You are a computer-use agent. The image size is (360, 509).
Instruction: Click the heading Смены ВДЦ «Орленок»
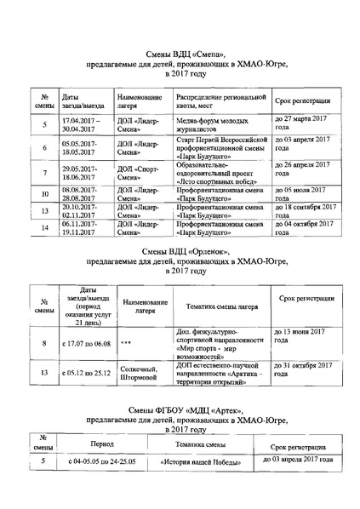180,252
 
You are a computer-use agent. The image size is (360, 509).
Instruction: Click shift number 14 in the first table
43,227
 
